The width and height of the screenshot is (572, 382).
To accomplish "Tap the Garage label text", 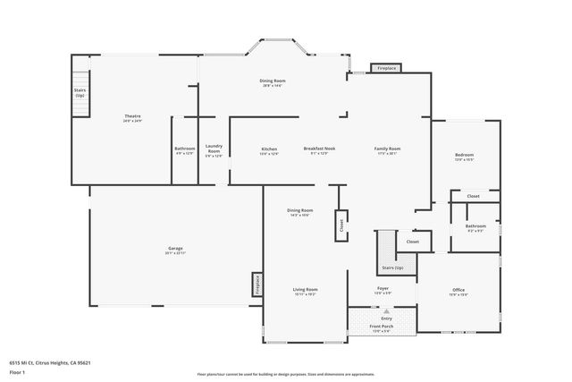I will (175, 249).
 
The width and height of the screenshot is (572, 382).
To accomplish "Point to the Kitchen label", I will (269, 149).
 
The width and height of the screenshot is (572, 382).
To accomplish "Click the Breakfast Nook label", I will (319, 149).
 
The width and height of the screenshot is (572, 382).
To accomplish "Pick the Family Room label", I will (387, 149).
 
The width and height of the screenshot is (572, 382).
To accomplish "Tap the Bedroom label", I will (464, 156).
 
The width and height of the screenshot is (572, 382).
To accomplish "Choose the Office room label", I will (458, 291).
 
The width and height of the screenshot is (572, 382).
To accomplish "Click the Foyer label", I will (382, 289).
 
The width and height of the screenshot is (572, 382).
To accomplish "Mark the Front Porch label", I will (382, 327).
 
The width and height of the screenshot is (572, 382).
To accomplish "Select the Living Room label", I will (306, 291).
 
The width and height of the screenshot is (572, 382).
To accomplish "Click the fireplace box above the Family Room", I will (386, 68).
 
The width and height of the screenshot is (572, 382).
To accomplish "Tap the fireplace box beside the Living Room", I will (257, 284).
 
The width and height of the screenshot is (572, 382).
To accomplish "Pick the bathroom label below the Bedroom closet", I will (475, 227).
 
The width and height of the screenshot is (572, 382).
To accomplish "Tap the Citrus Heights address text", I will (50, 362).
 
